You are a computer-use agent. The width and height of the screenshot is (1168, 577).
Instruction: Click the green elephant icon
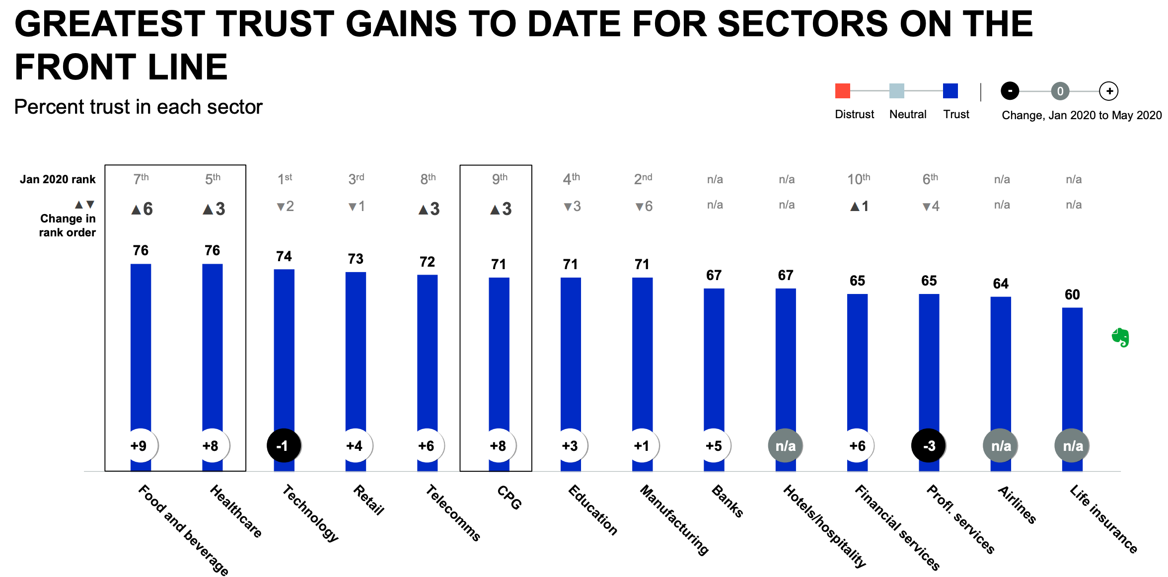click(1120, 337)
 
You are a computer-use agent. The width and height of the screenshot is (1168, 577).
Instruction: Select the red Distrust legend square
click(842, 91)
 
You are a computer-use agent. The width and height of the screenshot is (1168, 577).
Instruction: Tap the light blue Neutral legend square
click(896, 91)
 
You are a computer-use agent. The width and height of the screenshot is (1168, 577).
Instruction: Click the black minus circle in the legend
click(1010, 91)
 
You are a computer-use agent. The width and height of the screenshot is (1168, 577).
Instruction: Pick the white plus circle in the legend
click(1109, 91)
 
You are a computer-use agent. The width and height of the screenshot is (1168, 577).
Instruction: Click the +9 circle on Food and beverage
click(141, 445)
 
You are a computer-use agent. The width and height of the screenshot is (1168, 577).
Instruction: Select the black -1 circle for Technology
click(284, 445)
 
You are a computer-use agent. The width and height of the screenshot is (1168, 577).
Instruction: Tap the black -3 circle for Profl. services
click(928, 445)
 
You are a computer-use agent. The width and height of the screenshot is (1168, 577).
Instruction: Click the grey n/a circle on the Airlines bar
click(1000, 445)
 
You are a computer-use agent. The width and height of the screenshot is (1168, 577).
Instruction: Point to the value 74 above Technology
click(284, 256)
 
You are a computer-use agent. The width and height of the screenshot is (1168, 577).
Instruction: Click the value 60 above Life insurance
click(1072, 294)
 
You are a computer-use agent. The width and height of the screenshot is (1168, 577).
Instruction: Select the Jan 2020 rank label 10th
click(858, 179)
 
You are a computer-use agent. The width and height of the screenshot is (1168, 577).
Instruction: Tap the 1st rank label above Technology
click(285, 179)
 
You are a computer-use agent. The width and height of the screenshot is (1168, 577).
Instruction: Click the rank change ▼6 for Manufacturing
click(644, 206)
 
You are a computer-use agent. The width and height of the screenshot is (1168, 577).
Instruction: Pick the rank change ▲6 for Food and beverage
click(142, 209)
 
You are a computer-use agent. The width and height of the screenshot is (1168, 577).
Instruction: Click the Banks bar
click(714, 358)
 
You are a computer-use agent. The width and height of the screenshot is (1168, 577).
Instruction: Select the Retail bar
click(356, 348)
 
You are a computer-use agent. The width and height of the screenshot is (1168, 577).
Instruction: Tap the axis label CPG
click(510, 498)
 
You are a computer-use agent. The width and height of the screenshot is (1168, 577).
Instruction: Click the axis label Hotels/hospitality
click(825, 526)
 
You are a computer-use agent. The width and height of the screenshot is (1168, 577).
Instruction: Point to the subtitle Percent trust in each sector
click(138, 107)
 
